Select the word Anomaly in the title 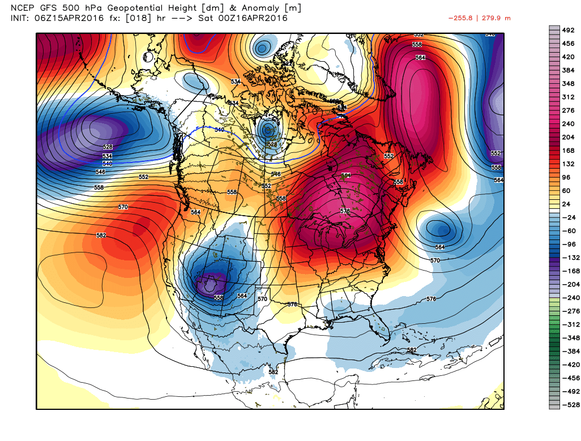(256, 8)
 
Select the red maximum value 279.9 (499, 18)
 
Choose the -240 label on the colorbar (568, 297)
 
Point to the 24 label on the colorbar (567, 204)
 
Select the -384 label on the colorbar (568, 349)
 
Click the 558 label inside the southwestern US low (219, 297)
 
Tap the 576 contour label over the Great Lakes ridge (345, 211)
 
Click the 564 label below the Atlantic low (440, 247)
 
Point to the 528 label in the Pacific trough (108, 147)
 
